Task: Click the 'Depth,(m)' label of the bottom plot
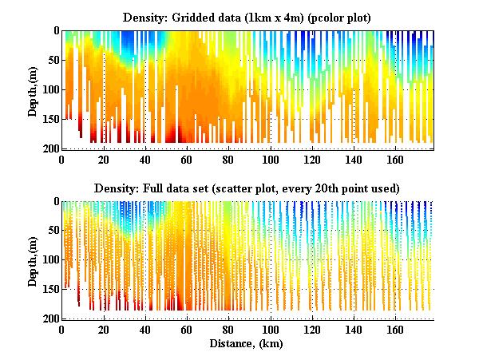[x=33, y=260]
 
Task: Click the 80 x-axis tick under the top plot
[x=228, y=159]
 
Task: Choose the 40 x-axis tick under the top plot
[x=145, y=159]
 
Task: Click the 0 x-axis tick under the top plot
[x=62, y=159]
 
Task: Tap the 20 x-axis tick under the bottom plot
[x=104, y=330]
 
